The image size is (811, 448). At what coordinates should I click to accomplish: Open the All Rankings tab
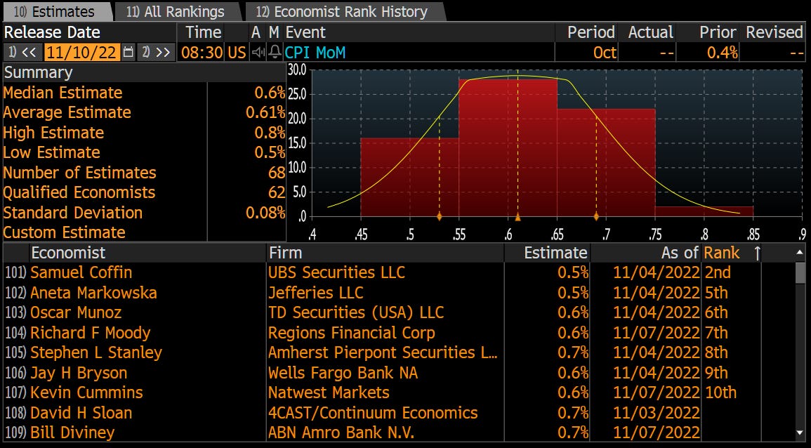point(176,12)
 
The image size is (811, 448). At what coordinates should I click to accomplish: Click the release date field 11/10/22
point(81,52)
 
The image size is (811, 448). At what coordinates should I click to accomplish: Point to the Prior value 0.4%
point(723,52)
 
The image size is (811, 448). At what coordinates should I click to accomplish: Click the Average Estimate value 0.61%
point(265,112)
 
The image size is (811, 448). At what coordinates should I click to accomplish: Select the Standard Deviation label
point(73,213)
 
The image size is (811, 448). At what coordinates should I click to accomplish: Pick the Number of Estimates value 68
point(276,173)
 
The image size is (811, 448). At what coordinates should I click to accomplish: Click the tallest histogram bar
point(508,147)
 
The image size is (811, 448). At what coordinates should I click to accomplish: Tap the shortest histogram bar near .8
point(704,211)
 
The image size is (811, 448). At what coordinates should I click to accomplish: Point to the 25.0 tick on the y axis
point(298,93)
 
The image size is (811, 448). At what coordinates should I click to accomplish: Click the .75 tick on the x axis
point(654,232)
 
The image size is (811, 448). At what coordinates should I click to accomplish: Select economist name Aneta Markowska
point(93,293)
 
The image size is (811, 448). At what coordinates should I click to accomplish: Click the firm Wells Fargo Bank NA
point(343,373)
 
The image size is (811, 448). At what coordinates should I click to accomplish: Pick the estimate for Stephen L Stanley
point(573,353)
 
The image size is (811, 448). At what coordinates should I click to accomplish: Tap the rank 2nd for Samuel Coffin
point(717,272)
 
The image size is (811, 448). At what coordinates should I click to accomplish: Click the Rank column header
point(722,253)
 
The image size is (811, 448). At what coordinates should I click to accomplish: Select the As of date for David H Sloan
point(656,413)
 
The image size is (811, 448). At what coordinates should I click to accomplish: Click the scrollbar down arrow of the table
point(800,433)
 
